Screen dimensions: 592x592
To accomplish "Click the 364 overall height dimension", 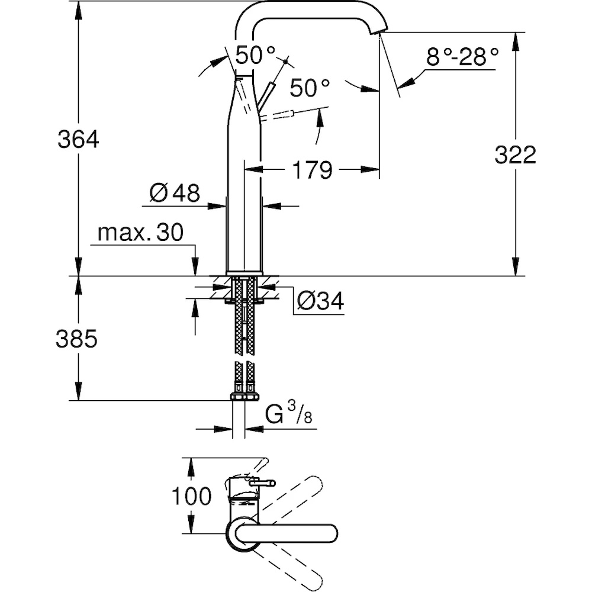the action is pyautogui.click(x=78, y=139).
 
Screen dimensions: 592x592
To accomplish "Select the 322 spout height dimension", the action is pyautogui.click(x=515, y=155).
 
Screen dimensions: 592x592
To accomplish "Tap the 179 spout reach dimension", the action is pyautogui.click(x=312, y=170).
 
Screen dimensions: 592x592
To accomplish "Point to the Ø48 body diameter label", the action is pyautogui.click(x=175, y=194).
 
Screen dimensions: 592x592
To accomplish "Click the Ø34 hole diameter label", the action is pyautogui.click(x=320, y=301).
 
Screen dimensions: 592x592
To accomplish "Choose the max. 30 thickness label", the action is pyautogui.click(x=140, y=233).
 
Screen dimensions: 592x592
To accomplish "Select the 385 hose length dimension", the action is pyautogui.click(x=76, y=338).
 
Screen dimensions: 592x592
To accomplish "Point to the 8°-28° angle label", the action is pyautogui.click(x=462, y=57).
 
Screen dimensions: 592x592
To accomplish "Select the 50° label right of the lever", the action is pyautogui.click(x=310, y=88).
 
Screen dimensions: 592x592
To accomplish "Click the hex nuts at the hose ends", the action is pyautogui.click(x=244, y=397).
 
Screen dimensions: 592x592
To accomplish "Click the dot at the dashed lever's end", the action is pyautogui.click(x=286, y=61).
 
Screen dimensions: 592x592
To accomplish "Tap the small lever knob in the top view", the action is pyautogui.click(x=263, y=482).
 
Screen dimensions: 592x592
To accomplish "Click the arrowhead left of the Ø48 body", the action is pyautogui.click(x=217, y=206).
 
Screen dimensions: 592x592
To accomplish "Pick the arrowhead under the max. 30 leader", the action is pyautogui.click(x=195, y=266).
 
